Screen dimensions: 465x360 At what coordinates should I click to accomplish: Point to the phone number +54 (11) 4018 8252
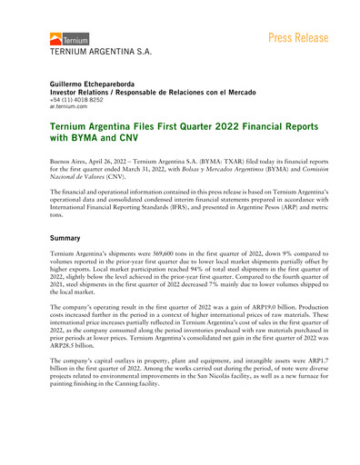pos(82,99)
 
